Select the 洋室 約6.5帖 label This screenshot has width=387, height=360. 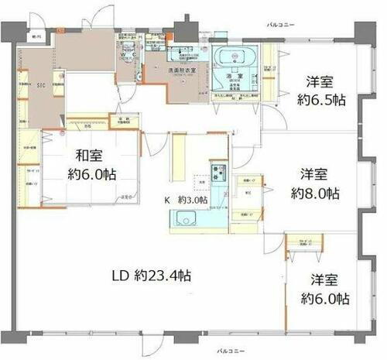pos(319,91)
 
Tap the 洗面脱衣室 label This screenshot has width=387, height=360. pos(183,70)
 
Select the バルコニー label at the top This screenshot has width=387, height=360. pos(279,26)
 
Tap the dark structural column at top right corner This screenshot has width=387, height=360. pos(362,32)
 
